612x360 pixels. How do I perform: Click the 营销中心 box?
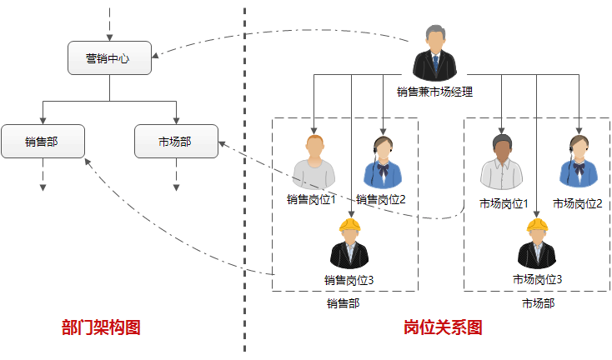[109, 58]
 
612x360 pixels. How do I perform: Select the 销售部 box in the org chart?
[43, 142]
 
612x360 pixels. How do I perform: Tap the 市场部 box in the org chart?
[176, 142]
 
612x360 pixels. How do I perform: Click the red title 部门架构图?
[101, 327]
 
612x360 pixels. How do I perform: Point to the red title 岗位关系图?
[443, 327]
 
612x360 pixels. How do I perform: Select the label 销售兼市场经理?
[434, 92]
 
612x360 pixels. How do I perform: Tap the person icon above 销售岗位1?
[314, 163]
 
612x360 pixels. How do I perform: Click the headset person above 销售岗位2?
[383, 163]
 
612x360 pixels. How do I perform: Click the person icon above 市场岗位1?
[502, 163]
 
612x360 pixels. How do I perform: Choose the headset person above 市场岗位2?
[577, 163]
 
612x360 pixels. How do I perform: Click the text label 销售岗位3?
[349, 279]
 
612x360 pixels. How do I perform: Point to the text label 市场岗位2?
[577, 203]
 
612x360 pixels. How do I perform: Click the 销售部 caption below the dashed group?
[343, 303]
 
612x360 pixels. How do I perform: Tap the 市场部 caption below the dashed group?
[538, 303]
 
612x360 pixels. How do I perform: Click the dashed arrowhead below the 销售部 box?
[43, 187]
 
